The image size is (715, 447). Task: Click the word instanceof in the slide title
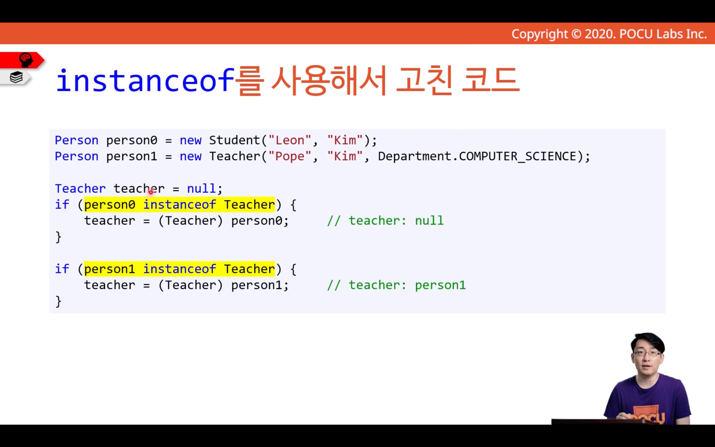[145, 80]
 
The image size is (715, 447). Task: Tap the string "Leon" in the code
[289, 140]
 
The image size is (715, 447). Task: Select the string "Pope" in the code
[289, 157]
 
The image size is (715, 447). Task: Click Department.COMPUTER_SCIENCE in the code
[478, 157]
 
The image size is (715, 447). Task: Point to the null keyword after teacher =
[201, 188]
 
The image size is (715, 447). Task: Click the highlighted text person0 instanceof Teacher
[179, 205]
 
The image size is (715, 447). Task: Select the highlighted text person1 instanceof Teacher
[179, 269]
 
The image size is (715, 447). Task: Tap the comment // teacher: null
[385, 220]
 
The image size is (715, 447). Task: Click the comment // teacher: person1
[396, 285]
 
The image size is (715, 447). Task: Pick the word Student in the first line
[235, 140]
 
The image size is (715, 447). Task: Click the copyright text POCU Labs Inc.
[663, 34]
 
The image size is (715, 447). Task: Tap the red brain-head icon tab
[26, 60]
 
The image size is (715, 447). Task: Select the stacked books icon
[16, 77]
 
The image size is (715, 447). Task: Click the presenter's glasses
[647, 353]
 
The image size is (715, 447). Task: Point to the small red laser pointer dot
[151, 192]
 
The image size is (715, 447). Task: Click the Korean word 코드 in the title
[490, 80]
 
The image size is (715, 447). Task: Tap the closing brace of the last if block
[59, 301]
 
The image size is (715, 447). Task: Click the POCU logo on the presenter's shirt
[648, 415]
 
